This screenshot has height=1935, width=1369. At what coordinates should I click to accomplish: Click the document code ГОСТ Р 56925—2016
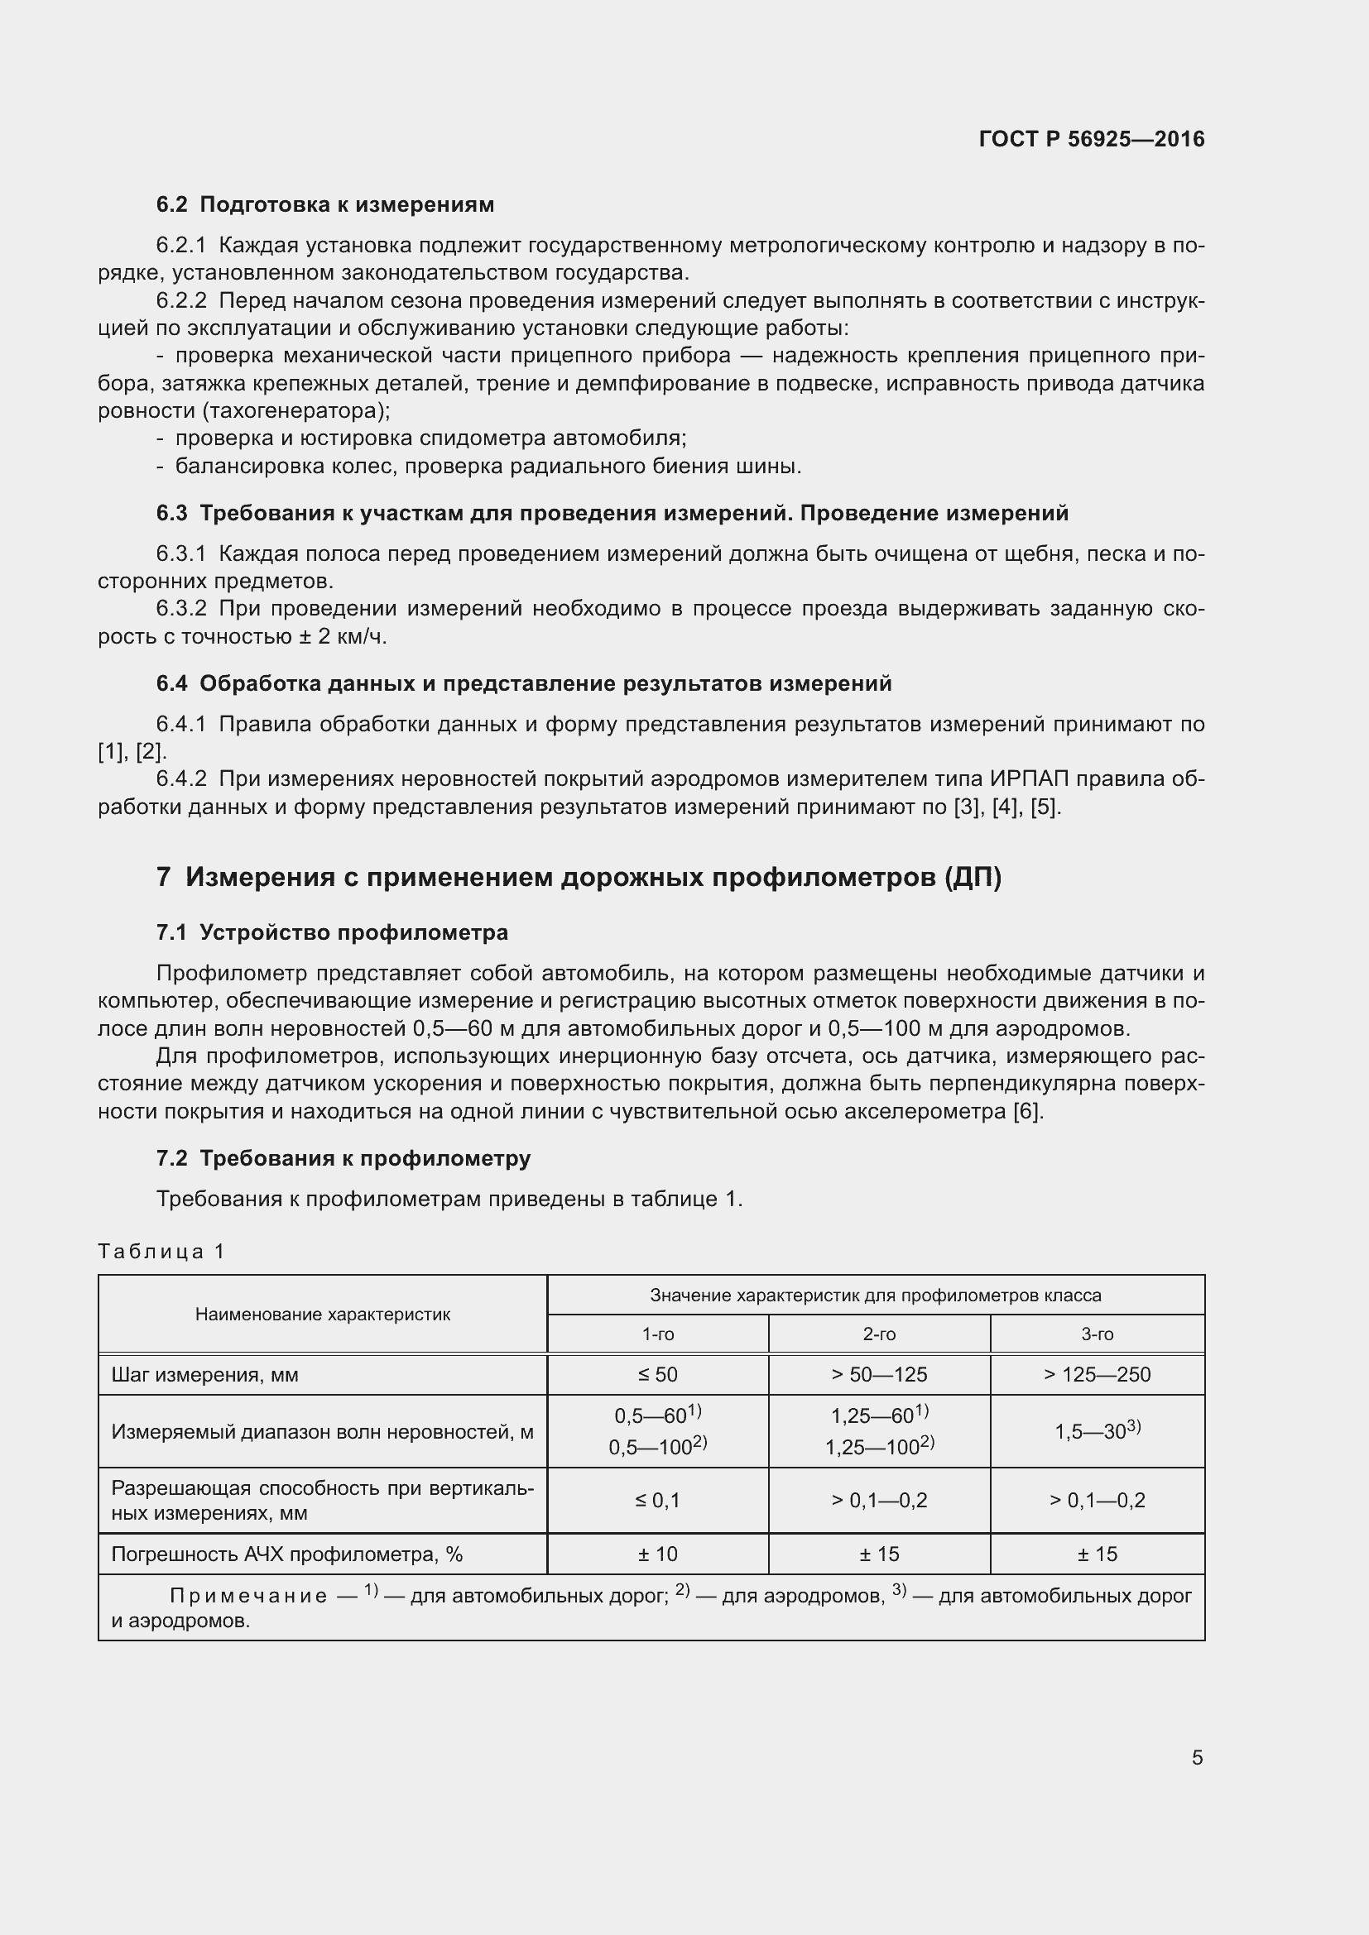(x=1092, y=139)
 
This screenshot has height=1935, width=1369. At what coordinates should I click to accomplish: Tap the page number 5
(x=1197, y=1757)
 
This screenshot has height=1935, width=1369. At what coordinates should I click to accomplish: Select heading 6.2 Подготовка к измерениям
(x=325, y=205)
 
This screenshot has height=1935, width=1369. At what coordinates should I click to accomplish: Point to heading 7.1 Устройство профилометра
(x=332, y=933)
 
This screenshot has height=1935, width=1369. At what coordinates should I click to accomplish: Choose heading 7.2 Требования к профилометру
(x=343, y=1158)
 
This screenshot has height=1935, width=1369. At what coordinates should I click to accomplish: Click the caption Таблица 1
(x=161, y=1252)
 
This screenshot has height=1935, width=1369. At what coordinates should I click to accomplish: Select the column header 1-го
(x=657, y=1334)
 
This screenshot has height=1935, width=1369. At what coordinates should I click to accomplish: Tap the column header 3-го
(x=1097, y=1334)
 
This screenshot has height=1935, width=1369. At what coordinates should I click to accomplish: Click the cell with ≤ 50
(x=657, y=1375)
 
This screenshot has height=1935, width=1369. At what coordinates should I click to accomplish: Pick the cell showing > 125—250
(x=1097, y=1375)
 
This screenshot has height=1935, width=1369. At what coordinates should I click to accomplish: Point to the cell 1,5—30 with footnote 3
(x=1097, y=1431)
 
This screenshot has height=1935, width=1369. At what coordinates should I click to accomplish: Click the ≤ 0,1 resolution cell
(x=657, y=1500)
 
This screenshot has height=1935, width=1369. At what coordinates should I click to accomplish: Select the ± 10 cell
(x=657, y=1554)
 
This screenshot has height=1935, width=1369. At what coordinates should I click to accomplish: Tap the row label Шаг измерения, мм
(x=204, y=1375)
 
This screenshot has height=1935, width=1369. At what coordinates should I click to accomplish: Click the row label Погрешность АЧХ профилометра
(x=286, y=1554)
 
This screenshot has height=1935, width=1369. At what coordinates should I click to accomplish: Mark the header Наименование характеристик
(x=323, y=1314)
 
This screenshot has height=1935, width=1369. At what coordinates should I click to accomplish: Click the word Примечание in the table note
(x=248, y=1596)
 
